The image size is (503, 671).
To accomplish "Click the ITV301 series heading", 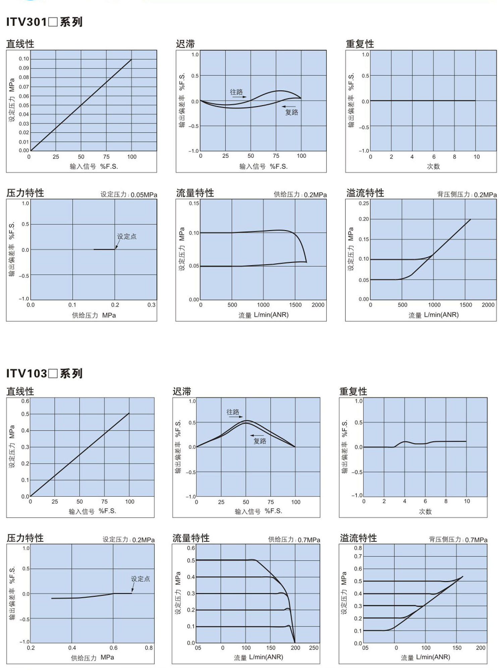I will [x=44, y=22].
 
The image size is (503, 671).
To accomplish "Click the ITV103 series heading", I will [x=44, y=373].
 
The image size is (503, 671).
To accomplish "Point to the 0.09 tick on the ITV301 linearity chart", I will [x=24, y=68].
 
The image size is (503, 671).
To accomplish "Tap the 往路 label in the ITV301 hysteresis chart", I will [x=236, y=92].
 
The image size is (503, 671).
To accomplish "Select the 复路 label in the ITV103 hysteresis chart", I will [x=260, y=441].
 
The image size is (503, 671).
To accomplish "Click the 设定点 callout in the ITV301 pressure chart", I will [x=127, y=236].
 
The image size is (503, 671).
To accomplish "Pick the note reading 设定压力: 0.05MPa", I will [x=129, y=195].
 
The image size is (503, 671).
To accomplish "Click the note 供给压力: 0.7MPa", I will [x=294, y=540].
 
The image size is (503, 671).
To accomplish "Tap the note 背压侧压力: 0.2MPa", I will [x=467, y=195].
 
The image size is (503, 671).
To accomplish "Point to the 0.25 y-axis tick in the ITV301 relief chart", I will [x=364, y=203].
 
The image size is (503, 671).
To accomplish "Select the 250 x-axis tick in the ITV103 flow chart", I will [x=314, y=648].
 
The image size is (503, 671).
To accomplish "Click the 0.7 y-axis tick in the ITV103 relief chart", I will [x=358, y=557].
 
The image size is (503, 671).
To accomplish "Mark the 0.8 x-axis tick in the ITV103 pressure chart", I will [x=149, y=648].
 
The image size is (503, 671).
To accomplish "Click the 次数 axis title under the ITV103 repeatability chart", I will [x=425, y=511].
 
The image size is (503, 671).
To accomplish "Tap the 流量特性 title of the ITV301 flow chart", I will [x=195, y=193].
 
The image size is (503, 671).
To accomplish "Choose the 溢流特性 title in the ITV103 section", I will [x=358, y=538].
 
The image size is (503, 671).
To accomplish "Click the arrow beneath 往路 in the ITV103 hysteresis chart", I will [x=236, y=417].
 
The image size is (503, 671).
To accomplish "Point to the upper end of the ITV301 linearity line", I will [x=131, y=59].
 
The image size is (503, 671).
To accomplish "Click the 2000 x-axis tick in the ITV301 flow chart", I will [x=318, y=305].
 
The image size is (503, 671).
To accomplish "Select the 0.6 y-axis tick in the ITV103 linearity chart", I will [x=25, y=401].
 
